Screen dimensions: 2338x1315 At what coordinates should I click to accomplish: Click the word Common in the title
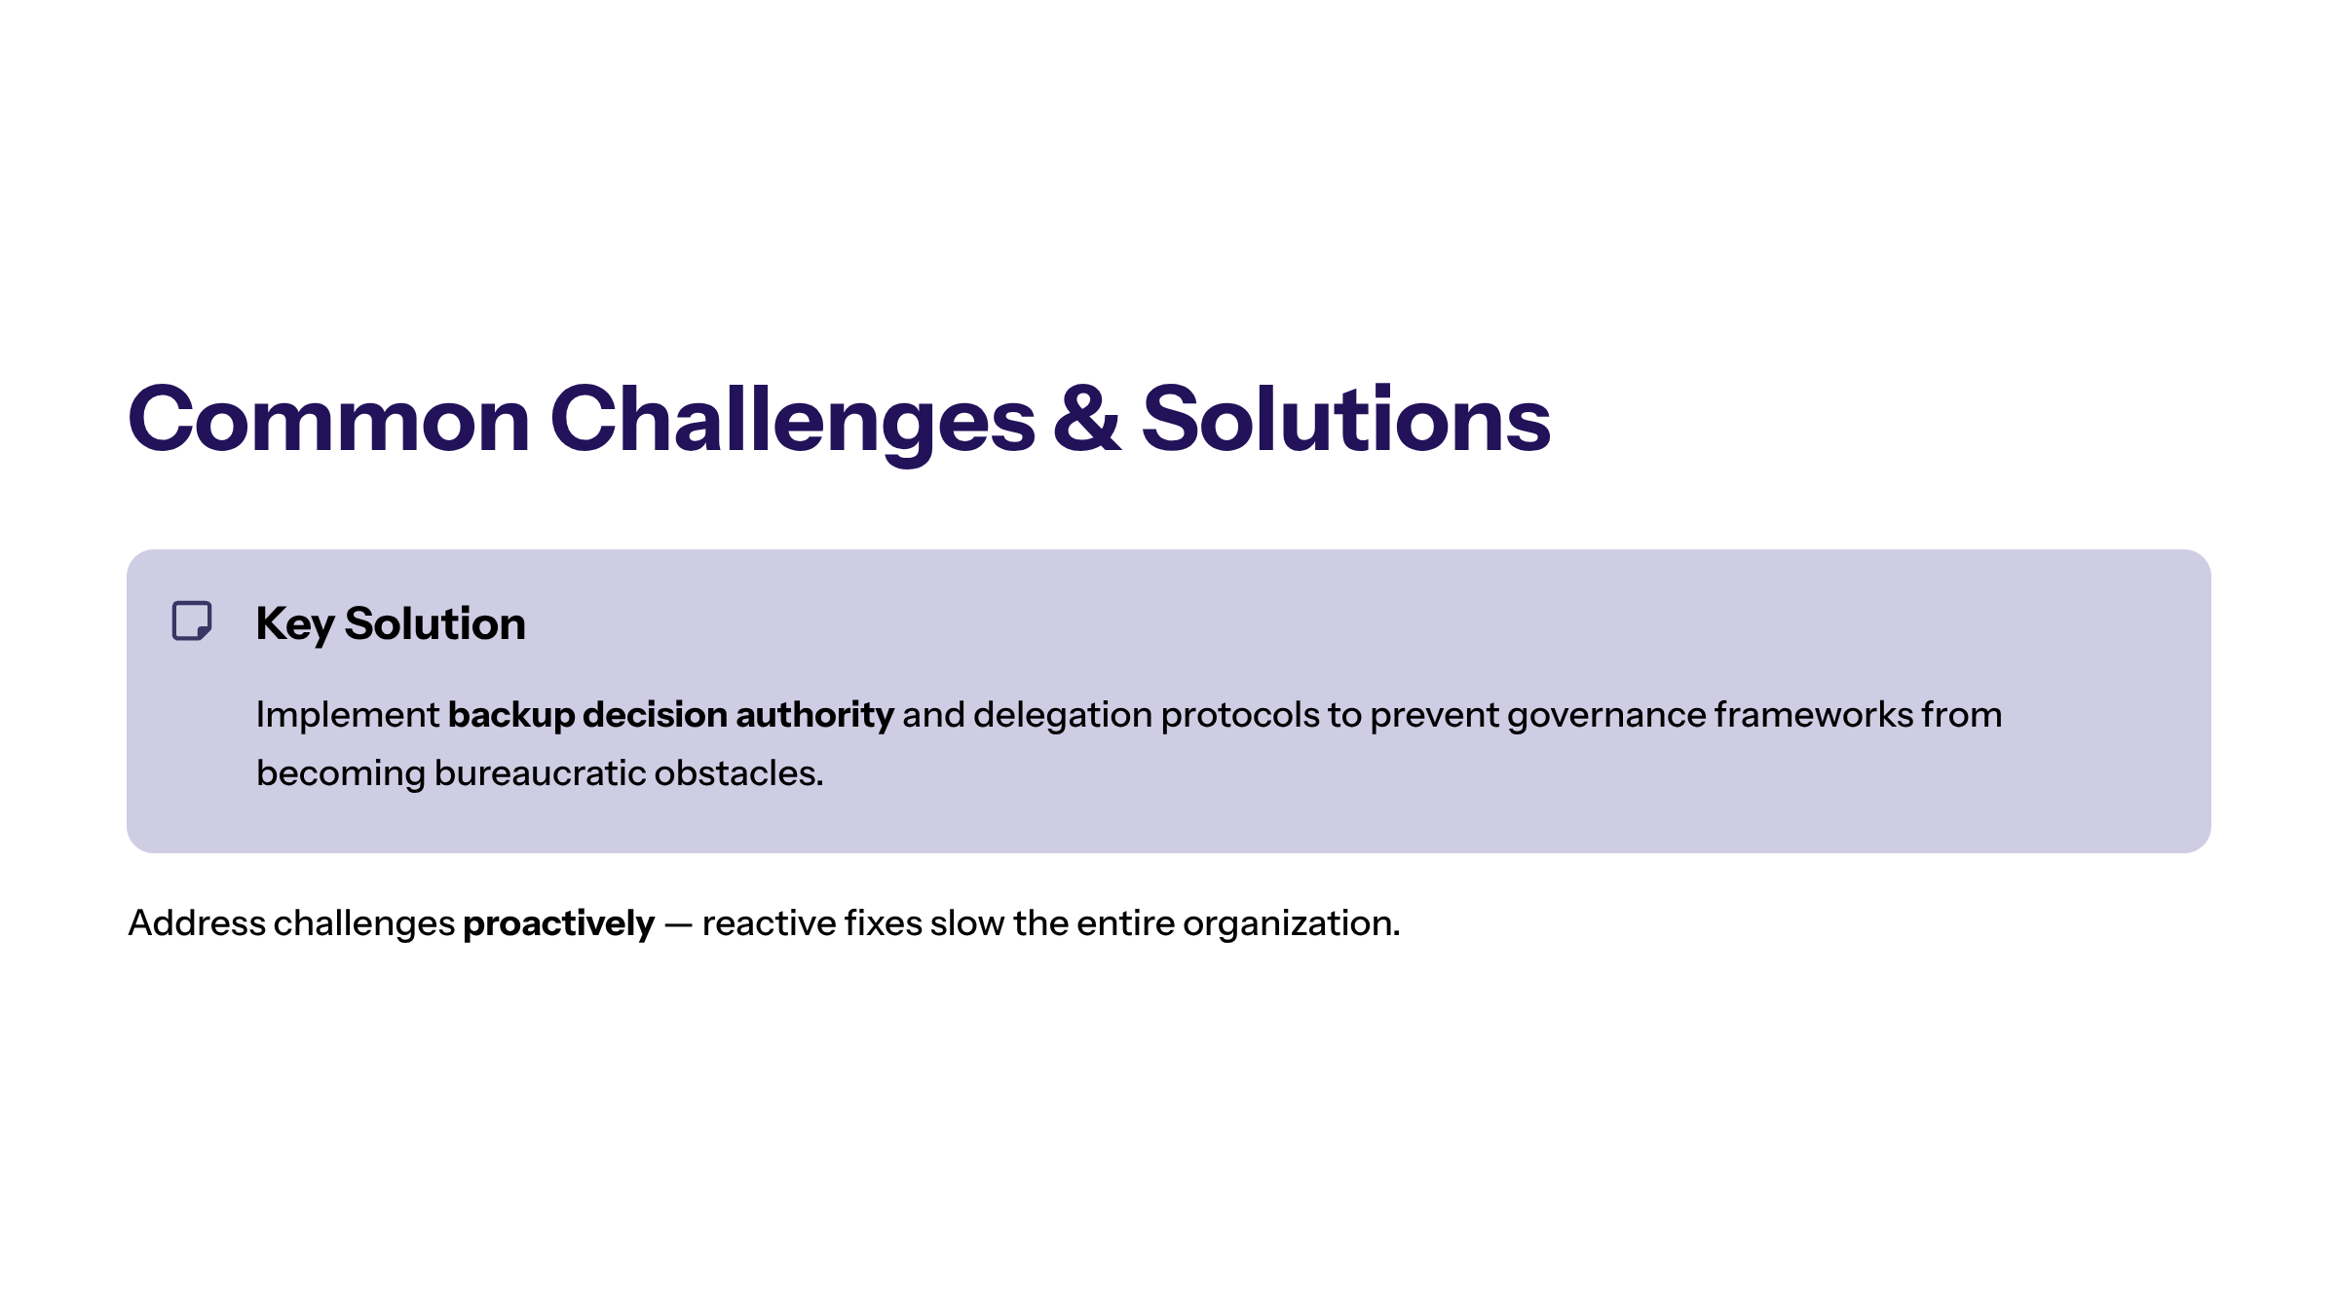click(329, 419)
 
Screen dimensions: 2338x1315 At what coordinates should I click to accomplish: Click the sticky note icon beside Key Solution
click(192, 620)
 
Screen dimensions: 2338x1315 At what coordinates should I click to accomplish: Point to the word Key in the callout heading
click(295, 624)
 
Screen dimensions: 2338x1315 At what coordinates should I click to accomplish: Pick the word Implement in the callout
click(348, 716)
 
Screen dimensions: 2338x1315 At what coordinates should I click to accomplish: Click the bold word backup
click(511, 715)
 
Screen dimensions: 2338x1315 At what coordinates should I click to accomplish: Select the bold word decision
click(655, 714)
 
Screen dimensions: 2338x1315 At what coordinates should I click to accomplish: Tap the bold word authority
click(814, 716)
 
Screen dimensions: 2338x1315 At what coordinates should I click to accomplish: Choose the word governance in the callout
click(1606, 716)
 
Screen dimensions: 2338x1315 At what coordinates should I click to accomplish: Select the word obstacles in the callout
click(738, 772)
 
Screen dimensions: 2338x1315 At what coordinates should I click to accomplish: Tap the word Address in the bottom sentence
click(197, 922)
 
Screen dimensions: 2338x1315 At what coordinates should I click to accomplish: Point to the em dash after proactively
click(678, 924)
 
